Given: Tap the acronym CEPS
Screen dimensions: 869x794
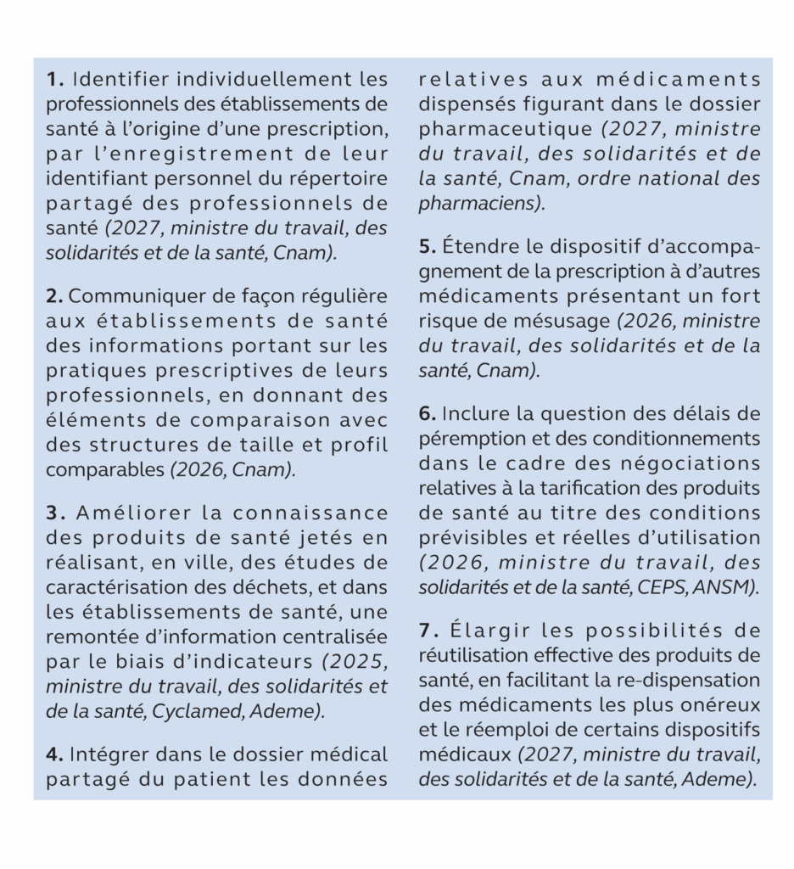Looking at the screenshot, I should [x=680, y=587].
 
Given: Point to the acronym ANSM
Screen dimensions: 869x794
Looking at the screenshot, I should [x=732, y=587].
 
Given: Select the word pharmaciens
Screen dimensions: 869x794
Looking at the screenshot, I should [x=478, y=204].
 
